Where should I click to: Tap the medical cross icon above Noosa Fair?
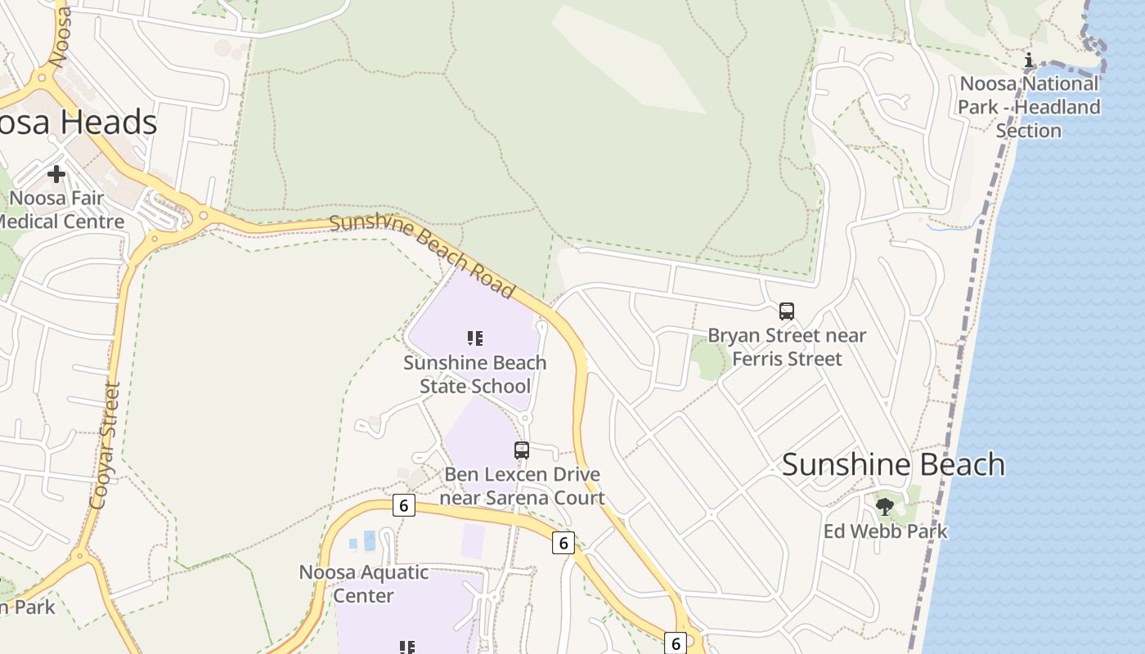click(x=56, y=173)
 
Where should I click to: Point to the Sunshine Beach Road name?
click(x=422, y=255)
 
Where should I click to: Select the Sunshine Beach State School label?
click(x=475, y=374)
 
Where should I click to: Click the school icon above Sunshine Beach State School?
click(x=475, y=338)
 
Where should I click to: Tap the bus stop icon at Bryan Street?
click(x=786, y=311)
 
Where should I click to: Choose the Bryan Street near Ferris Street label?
click(x=786, y=347)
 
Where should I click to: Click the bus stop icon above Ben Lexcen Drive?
click(x=521, y=450)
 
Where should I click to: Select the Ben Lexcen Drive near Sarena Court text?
click(x=522, y=486)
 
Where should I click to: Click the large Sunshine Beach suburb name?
click(x=893, y=464)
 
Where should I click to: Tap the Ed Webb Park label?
click(x=885, y=531)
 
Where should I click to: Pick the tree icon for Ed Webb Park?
click(x=884, y=506)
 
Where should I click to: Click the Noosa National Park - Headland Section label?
click(x=1029, y=107)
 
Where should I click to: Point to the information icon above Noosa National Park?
click(x=1029, y=60)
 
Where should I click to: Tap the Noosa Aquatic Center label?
click(x=363, y=584)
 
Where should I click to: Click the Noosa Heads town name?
click(x=79, y=123)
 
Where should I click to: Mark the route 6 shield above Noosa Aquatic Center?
click(x=403, y=505)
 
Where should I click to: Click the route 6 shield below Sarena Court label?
click(x=563, y=542)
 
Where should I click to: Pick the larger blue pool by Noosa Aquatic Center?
click(x=370, y=540)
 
